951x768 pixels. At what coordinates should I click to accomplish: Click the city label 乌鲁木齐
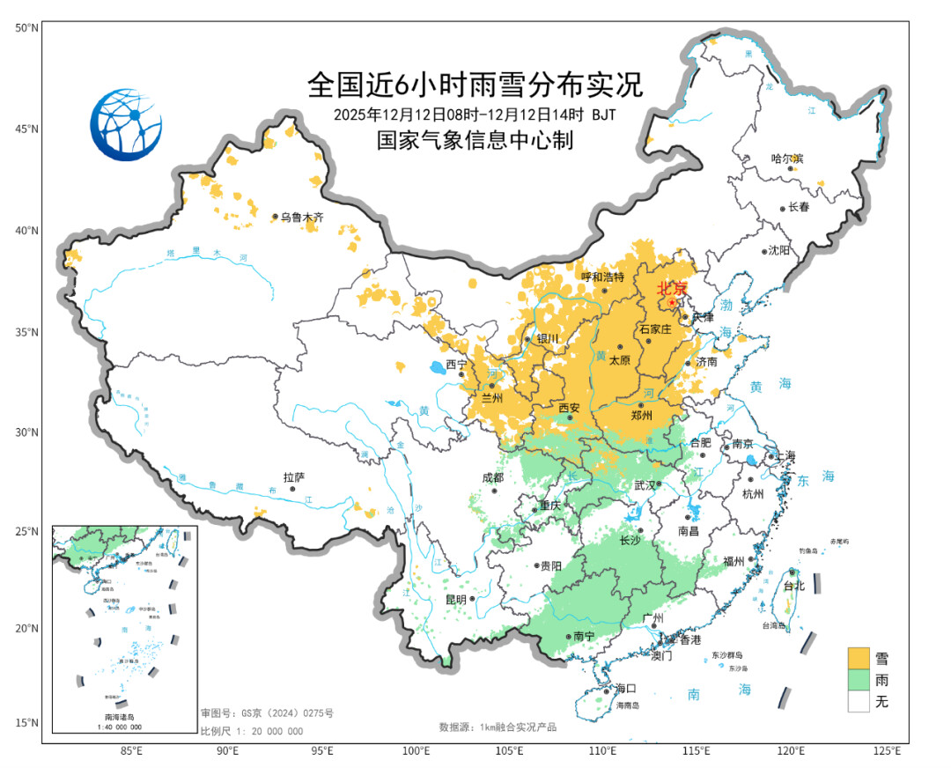303,217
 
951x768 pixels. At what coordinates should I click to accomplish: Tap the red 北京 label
673,288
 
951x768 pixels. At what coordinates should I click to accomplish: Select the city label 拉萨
293,477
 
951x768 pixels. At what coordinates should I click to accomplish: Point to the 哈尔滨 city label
787,159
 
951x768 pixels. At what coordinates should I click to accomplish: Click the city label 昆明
456,599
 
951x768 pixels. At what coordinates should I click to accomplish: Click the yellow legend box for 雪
859,658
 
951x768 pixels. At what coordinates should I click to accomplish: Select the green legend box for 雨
859,680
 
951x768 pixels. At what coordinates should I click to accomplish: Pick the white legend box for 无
859,701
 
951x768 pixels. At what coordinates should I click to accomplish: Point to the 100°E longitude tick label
416,751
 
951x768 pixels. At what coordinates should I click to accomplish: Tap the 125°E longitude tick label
886,751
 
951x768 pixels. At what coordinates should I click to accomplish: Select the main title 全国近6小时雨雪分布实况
475,85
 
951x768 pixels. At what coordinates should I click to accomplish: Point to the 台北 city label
794,585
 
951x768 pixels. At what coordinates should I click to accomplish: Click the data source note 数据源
499,727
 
